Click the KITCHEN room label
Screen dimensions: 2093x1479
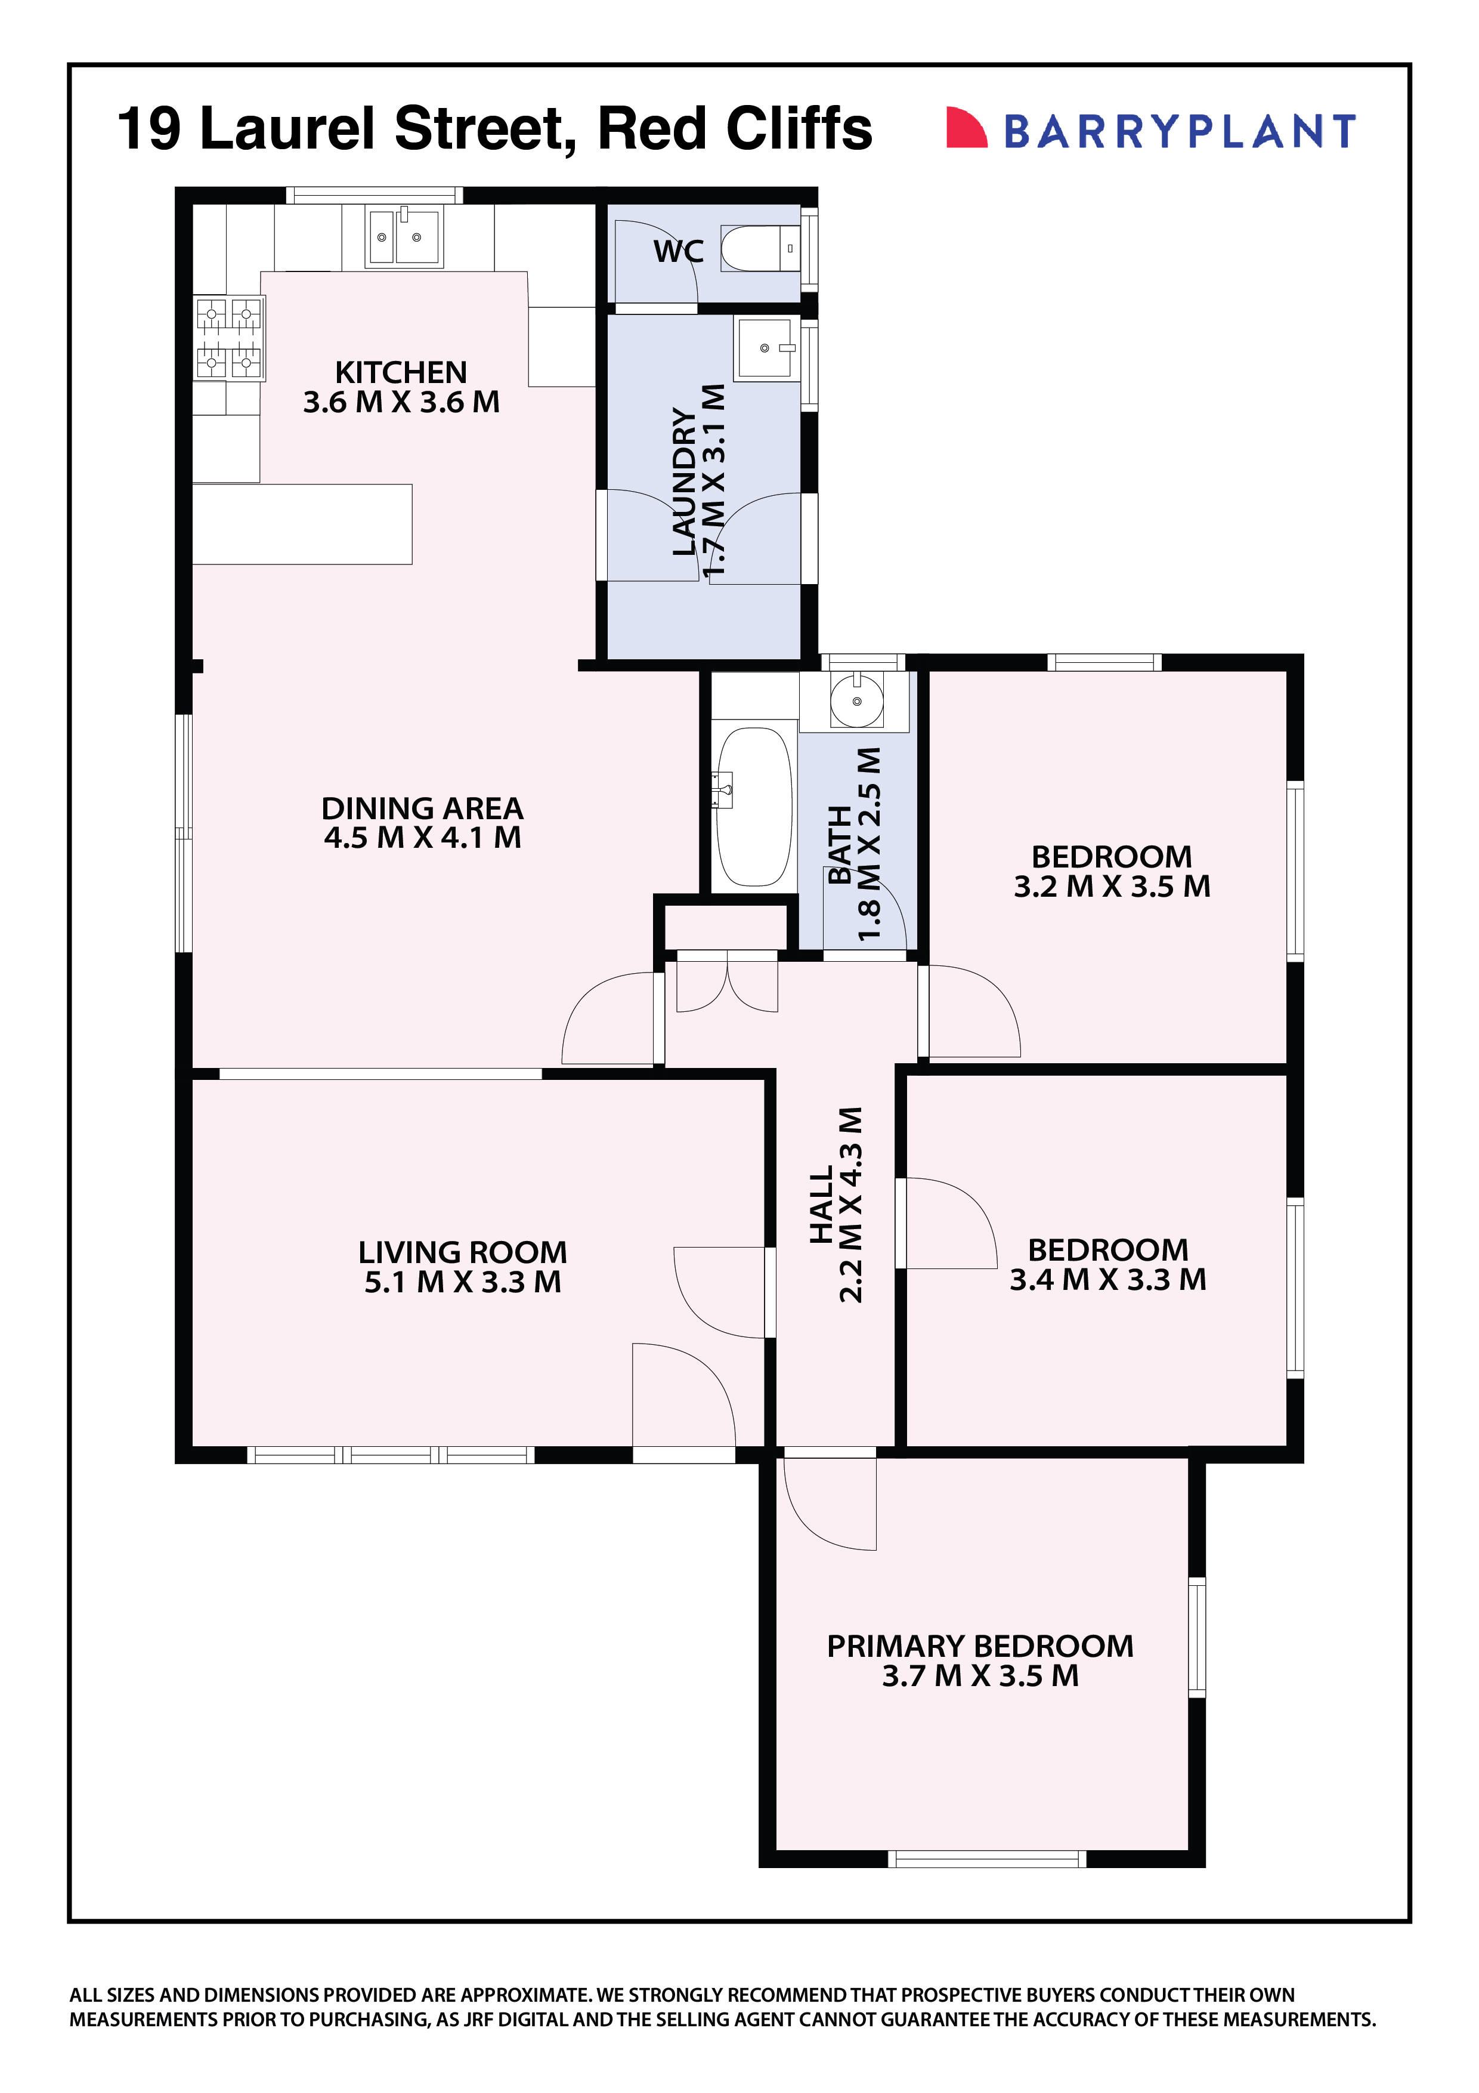pyautogui.click(x=400, y=372)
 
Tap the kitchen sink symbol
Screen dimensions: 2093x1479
pyautogui.click(x=404, y=237)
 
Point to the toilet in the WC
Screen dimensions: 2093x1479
pyautogui.click(x=759, y=249)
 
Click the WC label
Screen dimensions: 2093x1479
pyautogui.click(x=678, y=252)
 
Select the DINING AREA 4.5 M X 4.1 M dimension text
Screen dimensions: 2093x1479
pyautogui.click(x=423, y=837)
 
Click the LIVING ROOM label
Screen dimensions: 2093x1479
pyautogui.click(x=462, y=1252)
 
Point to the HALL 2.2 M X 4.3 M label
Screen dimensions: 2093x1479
pyautogui.click(x=836, y=1204)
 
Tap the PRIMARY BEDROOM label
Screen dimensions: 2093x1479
pyautogui.click(x=980, y=1646)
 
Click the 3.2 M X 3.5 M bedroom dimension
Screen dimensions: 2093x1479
pyautogui.click(x=1112, y=886)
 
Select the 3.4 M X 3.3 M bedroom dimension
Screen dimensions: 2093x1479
pyautogui.click(x=1107, y=1279)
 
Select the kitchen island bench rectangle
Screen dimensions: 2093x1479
pyautogui.click(x=302, y=524)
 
